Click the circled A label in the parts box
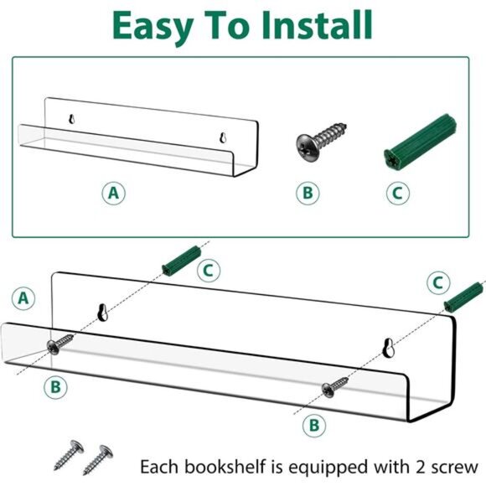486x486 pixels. pyautogui.click(x=115, y=193)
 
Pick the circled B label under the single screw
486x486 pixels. pyautogui.click(x=308, y=194)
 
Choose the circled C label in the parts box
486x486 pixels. pyautogui.click(x=398, y=194)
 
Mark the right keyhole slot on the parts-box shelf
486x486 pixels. pyautogui.click(x=222, y=137)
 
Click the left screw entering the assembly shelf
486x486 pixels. pyautogui.click(x=61, y=344)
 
